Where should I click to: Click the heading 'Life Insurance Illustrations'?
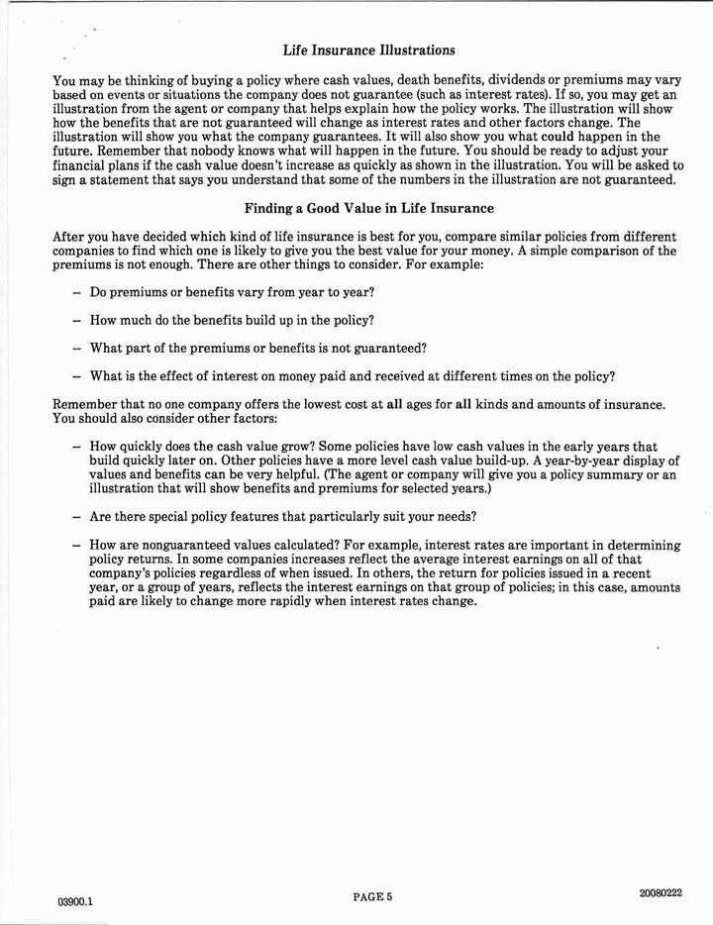(368, 50)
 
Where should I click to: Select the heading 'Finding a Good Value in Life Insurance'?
(368, 209)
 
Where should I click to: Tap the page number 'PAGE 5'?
(372, 897)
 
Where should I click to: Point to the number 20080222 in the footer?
(662, 894)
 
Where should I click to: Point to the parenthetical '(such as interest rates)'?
(471, 94)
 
